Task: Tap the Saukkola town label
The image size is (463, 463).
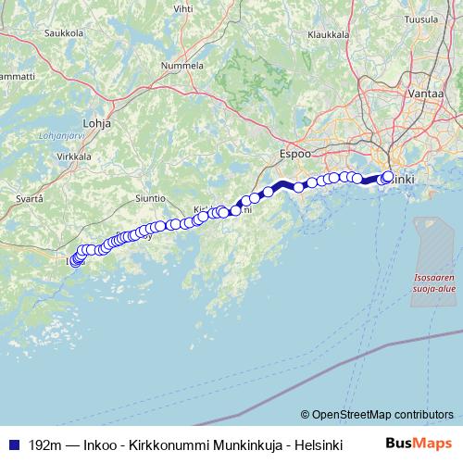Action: pos(64,32)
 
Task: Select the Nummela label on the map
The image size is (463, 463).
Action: pos(182,67)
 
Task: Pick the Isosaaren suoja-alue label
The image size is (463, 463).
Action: pos(433,282)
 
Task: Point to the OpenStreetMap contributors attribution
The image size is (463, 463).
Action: pos(376,414)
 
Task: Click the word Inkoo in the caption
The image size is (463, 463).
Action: pos(102,444)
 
